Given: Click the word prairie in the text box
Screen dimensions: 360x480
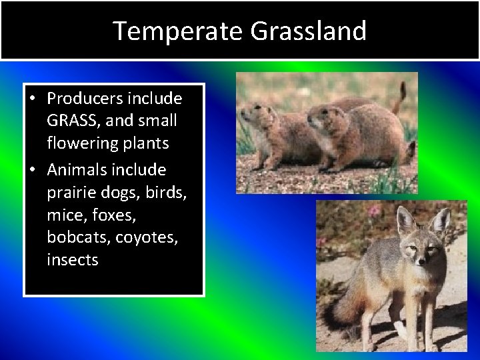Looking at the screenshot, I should pyautogui.click(x=71, y=193).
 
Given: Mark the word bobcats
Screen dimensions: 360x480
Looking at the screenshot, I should pyautogui.click(x=74, y=237).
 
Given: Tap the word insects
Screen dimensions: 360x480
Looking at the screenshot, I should pyautogui.click(x=72, y=260).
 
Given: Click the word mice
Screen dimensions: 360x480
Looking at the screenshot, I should pyautogui.click(x=62, y=215).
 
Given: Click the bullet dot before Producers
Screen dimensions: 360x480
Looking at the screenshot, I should pyautogui.click(x=33, y=99).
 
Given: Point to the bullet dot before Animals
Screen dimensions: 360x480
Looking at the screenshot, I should pyautogui.click(x=33, y=170).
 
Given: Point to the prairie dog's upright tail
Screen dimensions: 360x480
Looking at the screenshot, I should pyautogui.click(x=401, y=97).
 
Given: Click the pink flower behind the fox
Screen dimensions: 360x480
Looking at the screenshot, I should pyautogui.click(x=375, y=211).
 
